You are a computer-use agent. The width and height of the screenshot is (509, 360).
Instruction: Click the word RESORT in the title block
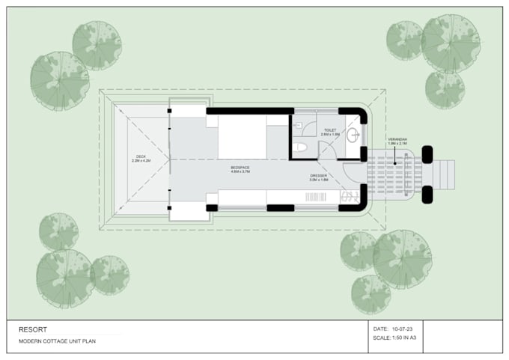pos(32,329)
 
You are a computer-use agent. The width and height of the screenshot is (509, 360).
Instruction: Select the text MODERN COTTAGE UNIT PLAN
pos(58,341)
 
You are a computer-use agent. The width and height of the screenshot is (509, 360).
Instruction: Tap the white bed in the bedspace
pos(242,136)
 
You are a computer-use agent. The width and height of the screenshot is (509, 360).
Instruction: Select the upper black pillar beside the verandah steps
pos(427,155)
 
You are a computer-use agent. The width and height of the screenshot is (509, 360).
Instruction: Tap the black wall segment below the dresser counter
pos(280,207)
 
